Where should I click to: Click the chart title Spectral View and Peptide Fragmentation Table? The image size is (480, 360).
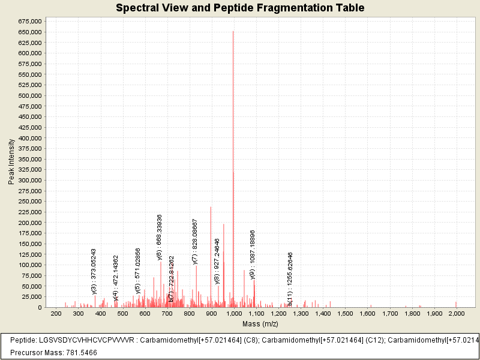click(x=240, y=8)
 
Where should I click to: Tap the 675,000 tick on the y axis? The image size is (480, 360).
click(x=29, y=21)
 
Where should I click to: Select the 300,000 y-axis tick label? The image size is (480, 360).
click(x=29, y=180)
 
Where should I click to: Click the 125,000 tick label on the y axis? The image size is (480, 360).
click(x=29, y=254)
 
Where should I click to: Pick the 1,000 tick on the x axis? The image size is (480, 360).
click(x=233, y=314)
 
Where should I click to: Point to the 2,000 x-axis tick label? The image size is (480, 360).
click(x=456, y=314)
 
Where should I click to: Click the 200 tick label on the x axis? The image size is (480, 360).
click(x=56, y=314)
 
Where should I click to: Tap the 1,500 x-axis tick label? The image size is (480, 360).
click(x=345, y=314)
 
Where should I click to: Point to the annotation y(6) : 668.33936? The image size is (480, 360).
click(x=160, y=237)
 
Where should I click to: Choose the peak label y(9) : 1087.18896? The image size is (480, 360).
click(x=253, y=254)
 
